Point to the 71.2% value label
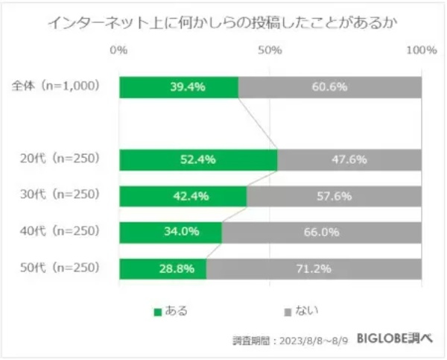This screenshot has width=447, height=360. pos(313,268)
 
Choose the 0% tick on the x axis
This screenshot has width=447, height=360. pos(118,51)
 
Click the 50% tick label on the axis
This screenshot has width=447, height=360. pos(270,51)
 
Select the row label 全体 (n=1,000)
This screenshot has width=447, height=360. pos(56,86)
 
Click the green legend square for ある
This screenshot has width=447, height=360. pos(157,311)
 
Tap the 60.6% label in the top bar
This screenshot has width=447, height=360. pos(330,87)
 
